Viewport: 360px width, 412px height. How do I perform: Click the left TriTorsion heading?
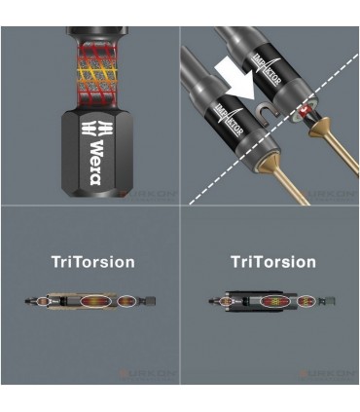[93, 262]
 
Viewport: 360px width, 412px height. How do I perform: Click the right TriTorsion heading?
[273, 262]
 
